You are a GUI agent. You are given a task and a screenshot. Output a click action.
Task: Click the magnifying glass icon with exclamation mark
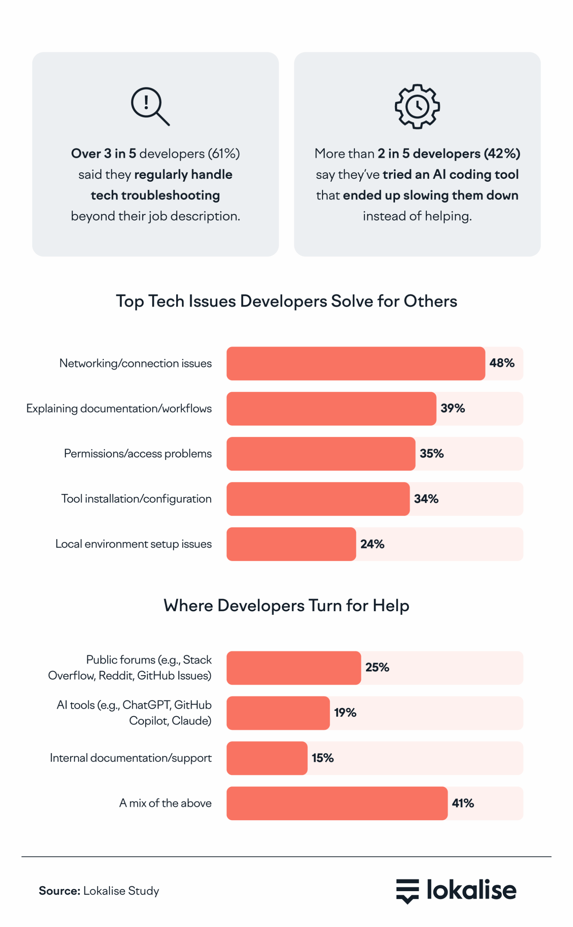[150, 106]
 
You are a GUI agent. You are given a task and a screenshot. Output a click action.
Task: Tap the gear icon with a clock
[417, 106]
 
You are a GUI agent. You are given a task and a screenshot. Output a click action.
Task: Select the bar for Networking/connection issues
[356, 363]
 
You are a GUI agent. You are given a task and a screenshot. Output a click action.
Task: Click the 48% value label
[502, 363]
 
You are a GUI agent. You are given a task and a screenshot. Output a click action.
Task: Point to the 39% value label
[453, 408]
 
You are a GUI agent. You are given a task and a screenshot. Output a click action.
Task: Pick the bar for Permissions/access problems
[321, 454]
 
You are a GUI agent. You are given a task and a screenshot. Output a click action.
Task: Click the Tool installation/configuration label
[136, 499]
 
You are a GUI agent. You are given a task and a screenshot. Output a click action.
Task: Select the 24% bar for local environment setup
[291, 544]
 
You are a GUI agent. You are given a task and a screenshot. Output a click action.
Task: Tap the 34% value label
[426, 499]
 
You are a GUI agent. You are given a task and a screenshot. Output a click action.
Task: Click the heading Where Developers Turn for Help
[286, 605]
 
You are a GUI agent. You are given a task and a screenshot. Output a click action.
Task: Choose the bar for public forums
[293, 668]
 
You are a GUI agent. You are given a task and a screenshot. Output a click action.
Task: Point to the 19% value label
[345, 713]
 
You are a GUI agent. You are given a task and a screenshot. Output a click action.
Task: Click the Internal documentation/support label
[131, 758]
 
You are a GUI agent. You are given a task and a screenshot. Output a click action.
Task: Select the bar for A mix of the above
[336, 804]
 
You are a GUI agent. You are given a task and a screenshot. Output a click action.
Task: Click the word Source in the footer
[59, 890]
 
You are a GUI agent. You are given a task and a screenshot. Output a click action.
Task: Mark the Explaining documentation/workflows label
[119, 408]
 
